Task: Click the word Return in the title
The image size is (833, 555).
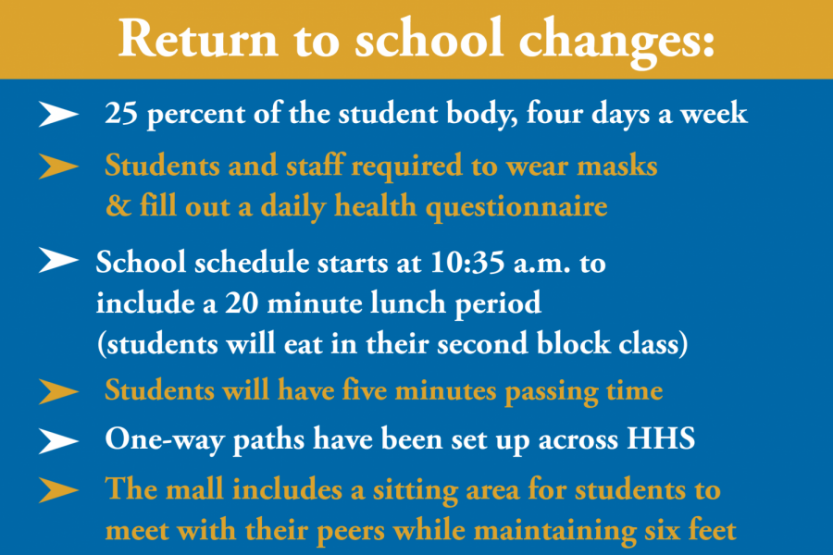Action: pos(198,38)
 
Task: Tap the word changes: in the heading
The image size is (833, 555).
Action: pos(616,43)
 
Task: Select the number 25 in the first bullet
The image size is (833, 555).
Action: pos(121,113)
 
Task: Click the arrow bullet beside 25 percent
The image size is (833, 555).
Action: pos(58,114)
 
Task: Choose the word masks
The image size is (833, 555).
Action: pos(617,166)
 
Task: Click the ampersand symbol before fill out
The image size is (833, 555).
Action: pos(118,205)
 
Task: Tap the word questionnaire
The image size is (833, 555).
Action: pos(516,207)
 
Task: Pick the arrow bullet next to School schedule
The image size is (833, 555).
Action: pos(58,260)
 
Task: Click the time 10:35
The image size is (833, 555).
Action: pos(467,263)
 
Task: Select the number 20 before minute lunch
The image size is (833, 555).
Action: pos(242,303)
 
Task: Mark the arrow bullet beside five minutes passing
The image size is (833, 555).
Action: pos(58,392)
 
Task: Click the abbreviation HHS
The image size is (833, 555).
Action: pos(661,438)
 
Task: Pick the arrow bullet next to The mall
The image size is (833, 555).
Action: pos(58,489)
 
